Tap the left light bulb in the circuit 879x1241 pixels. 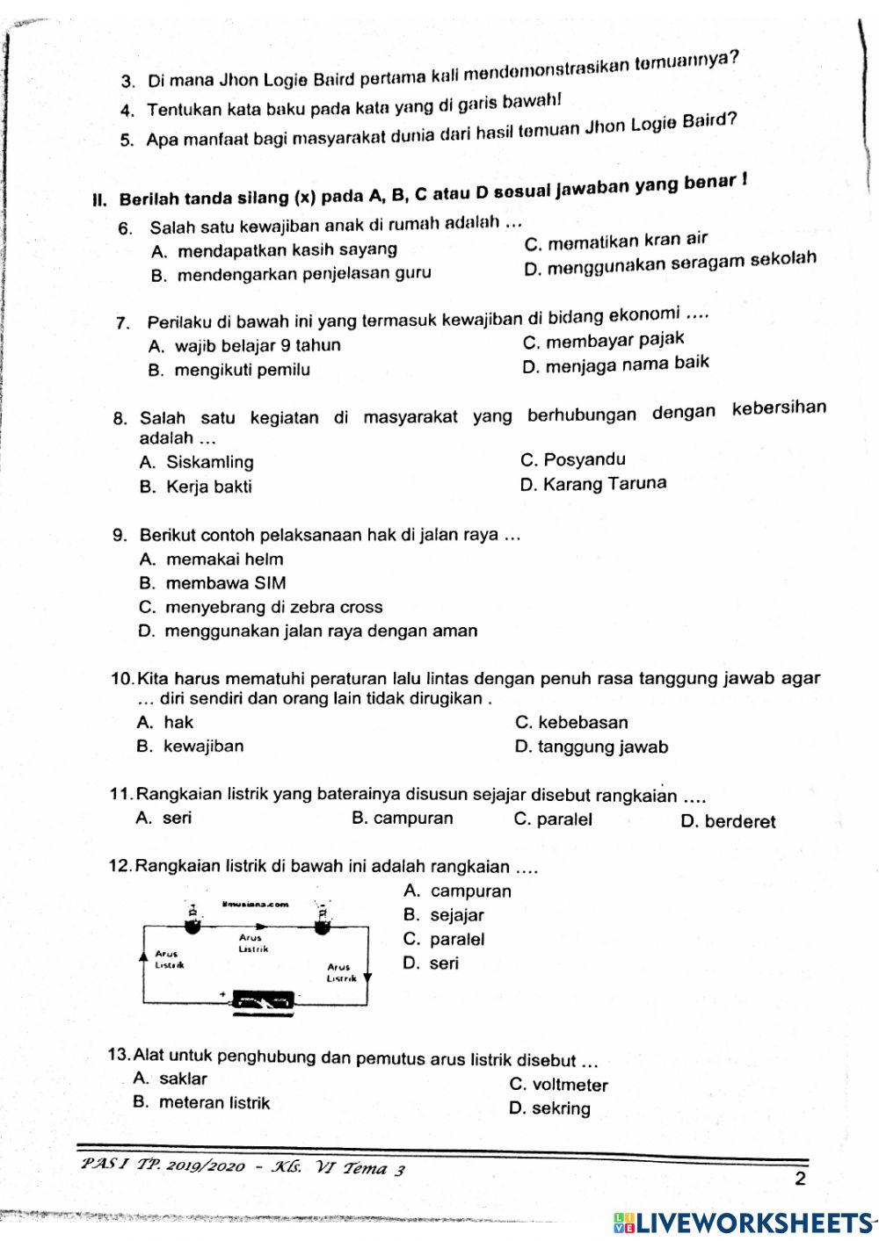click(191, 919)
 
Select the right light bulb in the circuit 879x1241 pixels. click(323, 919)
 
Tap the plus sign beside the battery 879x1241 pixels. click(223, 995)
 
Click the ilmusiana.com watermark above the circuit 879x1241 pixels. click(255, 904)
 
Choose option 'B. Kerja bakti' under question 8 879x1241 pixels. click(196, 487)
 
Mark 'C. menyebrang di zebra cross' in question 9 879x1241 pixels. click(261, 607)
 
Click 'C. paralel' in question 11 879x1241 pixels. click(553, 819)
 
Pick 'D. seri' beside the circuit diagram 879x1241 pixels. click(431, 963)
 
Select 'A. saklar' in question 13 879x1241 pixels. click(171, 1079)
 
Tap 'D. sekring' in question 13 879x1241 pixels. click(550, 1108)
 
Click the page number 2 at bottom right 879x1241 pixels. click(799, 1179)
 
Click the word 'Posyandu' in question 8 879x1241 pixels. click(585, 459)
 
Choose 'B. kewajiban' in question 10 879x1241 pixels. click(191, 747)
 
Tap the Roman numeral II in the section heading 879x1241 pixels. click(99, 199)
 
